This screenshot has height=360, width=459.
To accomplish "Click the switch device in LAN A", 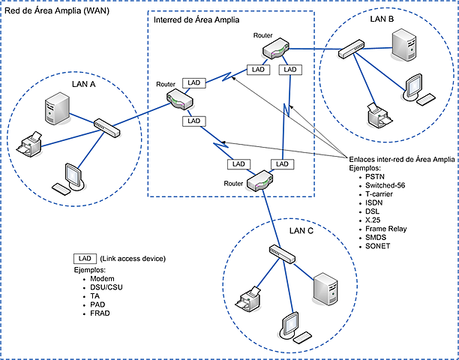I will [107, 127].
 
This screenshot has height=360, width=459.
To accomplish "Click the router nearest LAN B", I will [273, 50].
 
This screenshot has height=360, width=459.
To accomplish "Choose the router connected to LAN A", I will [181, 97].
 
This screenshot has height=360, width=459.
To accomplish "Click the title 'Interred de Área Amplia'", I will [196, 20].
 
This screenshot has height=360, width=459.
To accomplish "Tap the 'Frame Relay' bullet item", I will [386, 229].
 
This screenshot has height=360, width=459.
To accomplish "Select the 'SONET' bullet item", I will [379, 247].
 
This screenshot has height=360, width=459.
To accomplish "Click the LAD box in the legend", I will [84, 258].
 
